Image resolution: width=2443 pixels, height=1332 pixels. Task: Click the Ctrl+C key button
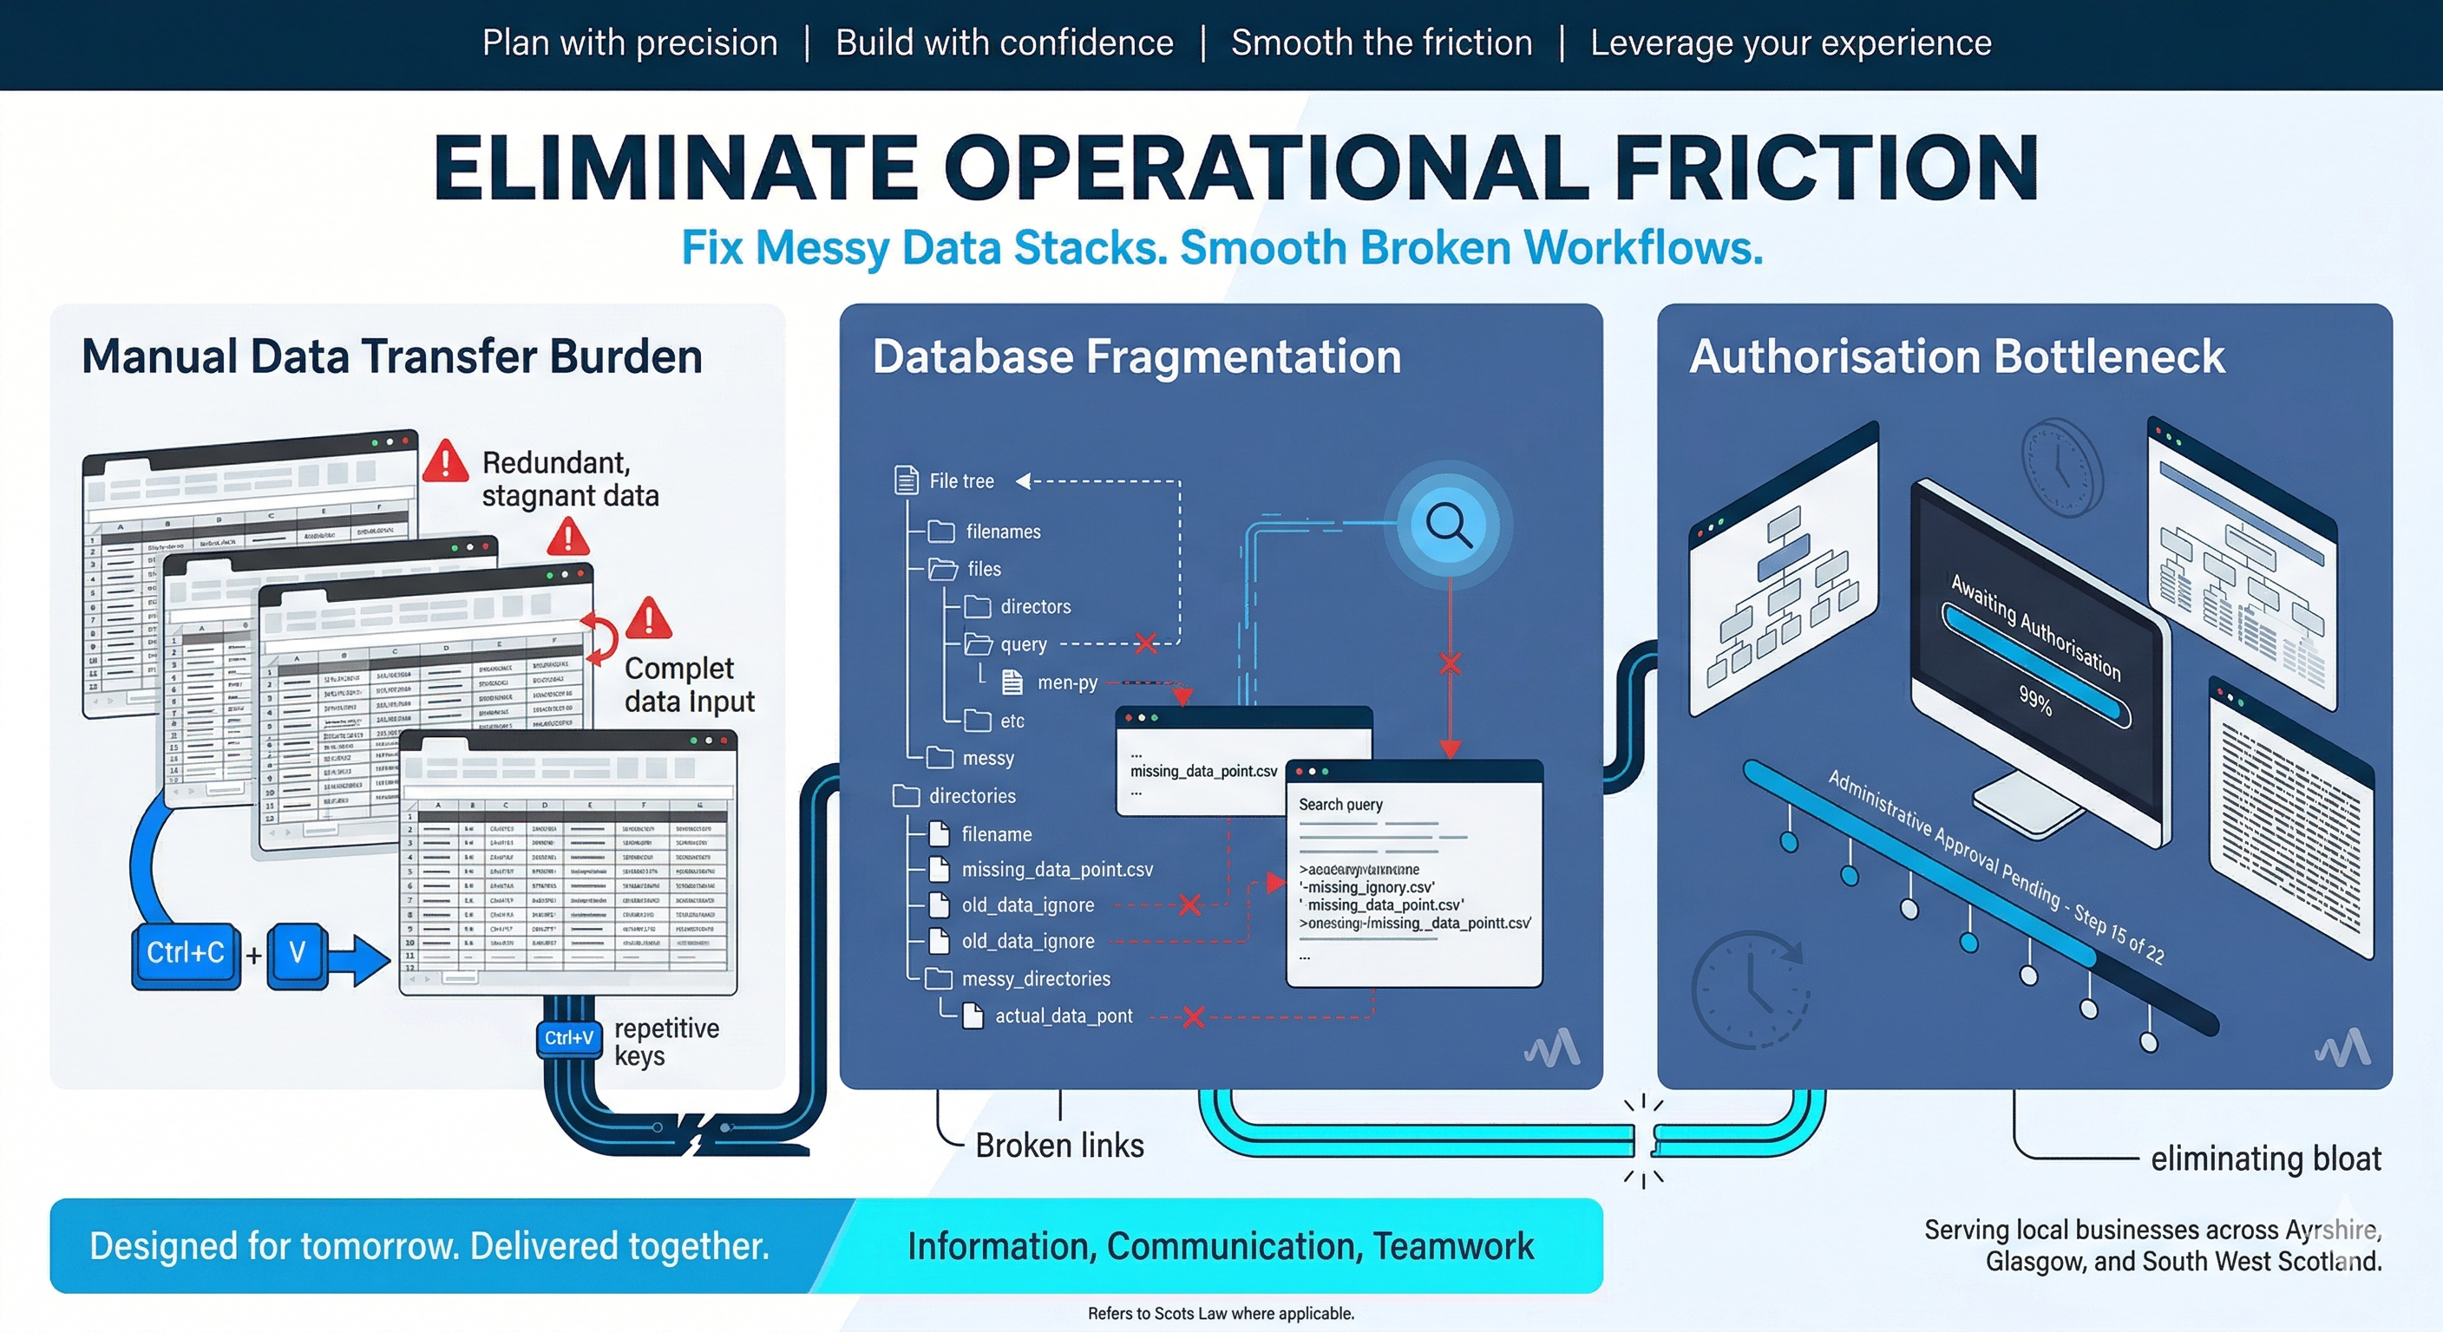point(186,954)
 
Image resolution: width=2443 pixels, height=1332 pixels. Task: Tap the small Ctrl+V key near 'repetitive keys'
point(569,1038)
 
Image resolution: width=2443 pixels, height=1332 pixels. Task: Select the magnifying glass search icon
point(1449,525)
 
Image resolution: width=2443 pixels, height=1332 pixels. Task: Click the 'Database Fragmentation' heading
point(1136,357)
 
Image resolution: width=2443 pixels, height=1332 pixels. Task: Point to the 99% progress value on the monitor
point(2035,701)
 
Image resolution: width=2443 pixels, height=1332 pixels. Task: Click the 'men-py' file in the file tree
point(1066,682)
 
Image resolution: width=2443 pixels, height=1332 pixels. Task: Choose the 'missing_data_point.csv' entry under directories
point(1057,869)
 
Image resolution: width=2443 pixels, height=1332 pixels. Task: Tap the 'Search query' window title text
point(1340,805)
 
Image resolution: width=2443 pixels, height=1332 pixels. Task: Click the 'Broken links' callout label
point(1059,1146)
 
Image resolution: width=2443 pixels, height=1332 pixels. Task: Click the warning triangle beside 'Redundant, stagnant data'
point(445,461)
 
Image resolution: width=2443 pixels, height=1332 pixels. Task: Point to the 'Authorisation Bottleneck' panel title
point(1956,357)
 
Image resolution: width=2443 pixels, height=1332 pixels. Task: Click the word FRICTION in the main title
point(1825,168)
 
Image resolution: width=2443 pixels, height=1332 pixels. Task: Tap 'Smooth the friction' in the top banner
point(1381,43)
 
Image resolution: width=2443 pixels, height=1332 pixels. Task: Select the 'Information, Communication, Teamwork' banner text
point(1220,1246)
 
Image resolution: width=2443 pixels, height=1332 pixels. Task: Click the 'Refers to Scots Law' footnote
point(1221,1314)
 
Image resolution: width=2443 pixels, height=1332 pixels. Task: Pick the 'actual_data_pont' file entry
point(1062,1016)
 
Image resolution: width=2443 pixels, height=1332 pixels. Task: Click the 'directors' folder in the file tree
point(1034,607)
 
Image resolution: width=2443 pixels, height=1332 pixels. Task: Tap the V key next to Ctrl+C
point(297,954)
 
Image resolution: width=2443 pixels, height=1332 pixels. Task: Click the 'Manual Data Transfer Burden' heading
point(391,357)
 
